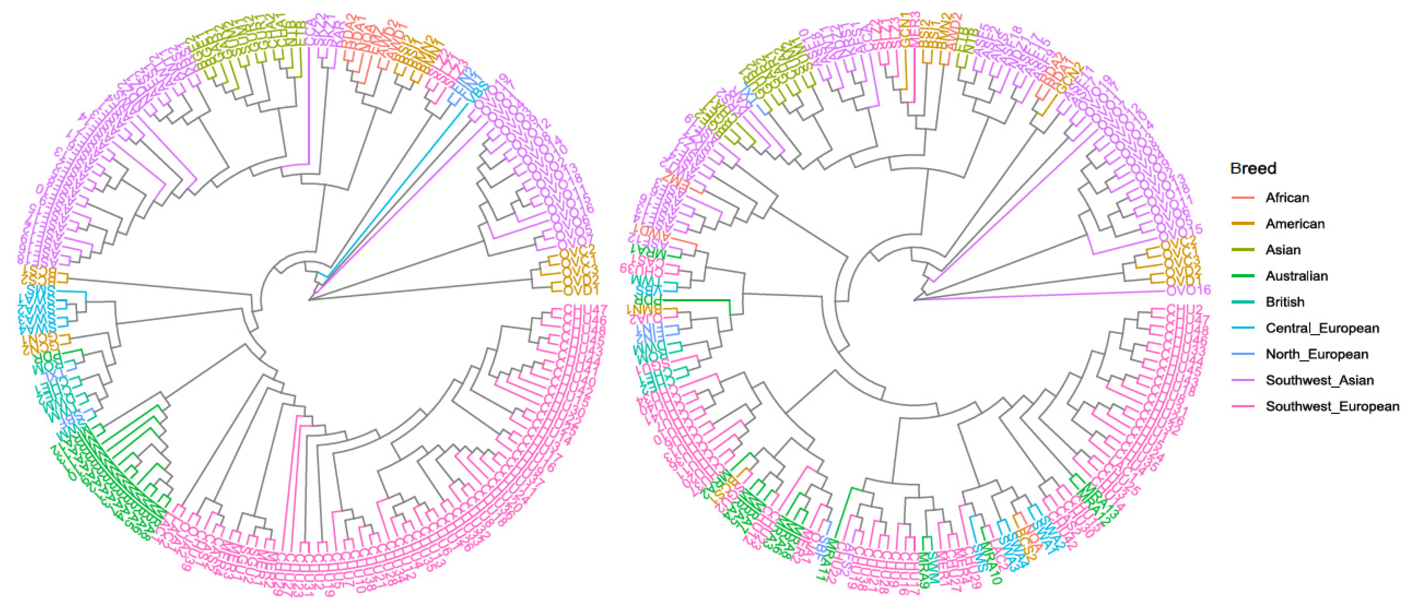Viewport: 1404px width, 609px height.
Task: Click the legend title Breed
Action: coord(1253,168)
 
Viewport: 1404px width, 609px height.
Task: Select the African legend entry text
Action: coord(1287,198)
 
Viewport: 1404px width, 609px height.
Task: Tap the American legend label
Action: coord(1295,224)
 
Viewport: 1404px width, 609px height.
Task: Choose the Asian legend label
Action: coord(1283,250)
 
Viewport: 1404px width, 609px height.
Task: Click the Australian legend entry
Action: coord(1296,276)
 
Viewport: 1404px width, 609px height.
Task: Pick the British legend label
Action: coord(1284,302)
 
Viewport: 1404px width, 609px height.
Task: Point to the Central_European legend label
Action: coord(1322,329)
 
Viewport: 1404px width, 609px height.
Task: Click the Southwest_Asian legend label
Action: coord(1319,380)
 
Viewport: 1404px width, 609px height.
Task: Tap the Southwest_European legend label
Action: coord(1331,407)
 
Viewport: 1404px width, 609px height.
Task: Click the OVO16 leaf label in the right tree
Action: coord(1188,290)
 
